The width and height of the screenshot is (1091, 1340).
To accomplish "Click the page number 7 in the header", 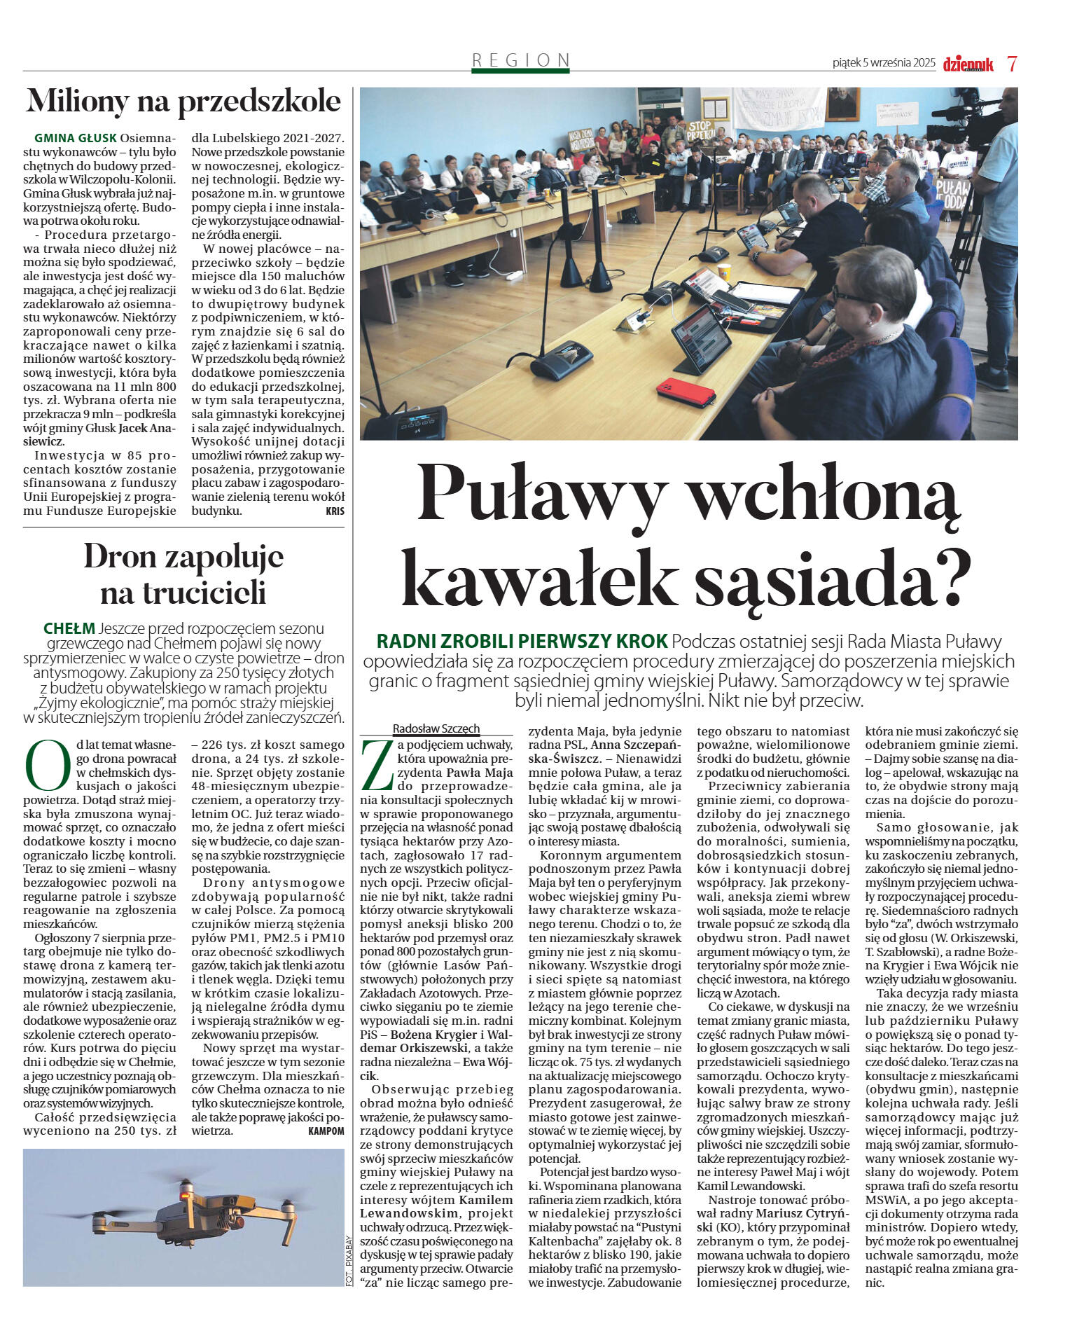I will coord(1012,63).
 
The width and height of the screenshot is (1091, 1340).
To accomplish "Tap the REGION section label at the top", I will coord(520,60).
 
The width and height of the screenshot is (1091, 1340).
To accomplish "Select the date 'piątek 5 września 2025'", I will coord(884,63).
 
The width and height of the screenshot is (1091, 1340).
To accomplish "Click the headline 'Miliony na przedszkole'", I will coord(183,102).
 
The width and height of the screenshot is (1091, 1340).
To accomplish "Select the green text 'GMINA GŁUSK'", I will coord(76,138).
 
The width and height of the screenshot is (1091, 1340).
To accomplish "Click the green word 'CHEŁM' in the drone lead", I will coord(69,628).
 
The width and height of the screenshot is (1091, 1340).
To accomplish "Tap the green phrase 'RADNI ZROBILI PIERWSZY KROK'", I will coord(522,641).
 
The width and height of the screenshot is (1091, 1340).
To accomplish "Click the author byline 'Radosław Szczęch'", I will coord(436,728).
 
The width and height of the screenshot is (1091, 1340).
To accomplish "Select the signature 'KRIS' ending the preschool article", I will coord(335,511).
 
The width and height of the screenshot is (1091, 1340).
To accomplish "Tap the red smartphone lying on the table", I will coord(686,392).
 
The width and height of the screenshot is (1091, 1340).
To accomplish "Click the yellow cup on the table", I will coord(723,272).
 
